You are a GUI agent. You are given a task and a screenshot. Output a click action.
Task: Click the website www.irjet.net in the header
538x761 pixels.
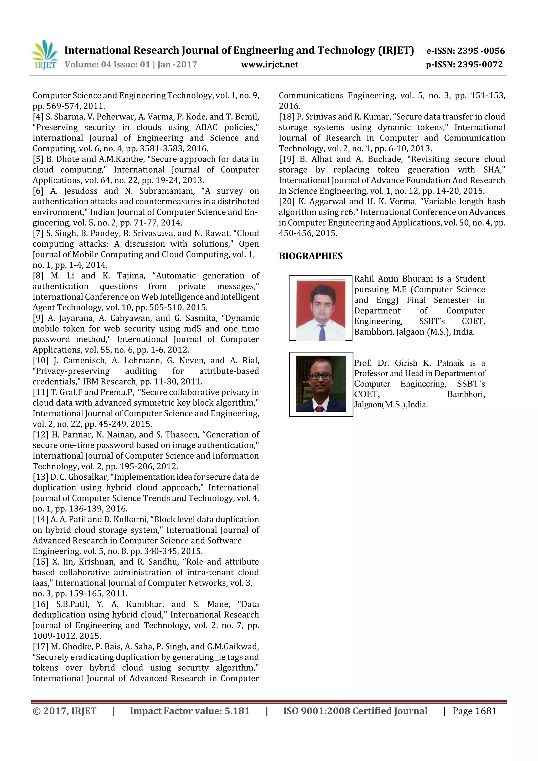(270, 64)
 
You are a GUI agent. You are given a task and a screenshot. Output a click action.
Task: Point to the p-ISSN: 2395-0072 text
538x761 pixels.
(464, 64)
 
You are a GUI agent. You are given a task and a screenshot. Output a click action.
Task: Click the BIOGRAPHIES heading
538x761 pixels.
(311, 256)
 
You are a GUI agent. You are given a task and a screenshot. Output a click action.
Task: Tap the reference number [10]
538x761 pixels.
(40, 360)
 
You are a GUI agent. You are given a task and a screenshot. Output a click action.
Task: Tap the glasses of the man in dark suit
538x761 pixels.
(320, 376)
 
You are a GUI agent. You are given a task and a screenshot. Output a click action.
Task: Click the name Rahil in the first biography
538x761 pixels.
(364, 279)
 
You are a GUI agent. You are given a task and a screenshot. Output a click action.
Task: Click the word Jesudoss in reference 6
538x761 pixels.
(81, 191)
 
